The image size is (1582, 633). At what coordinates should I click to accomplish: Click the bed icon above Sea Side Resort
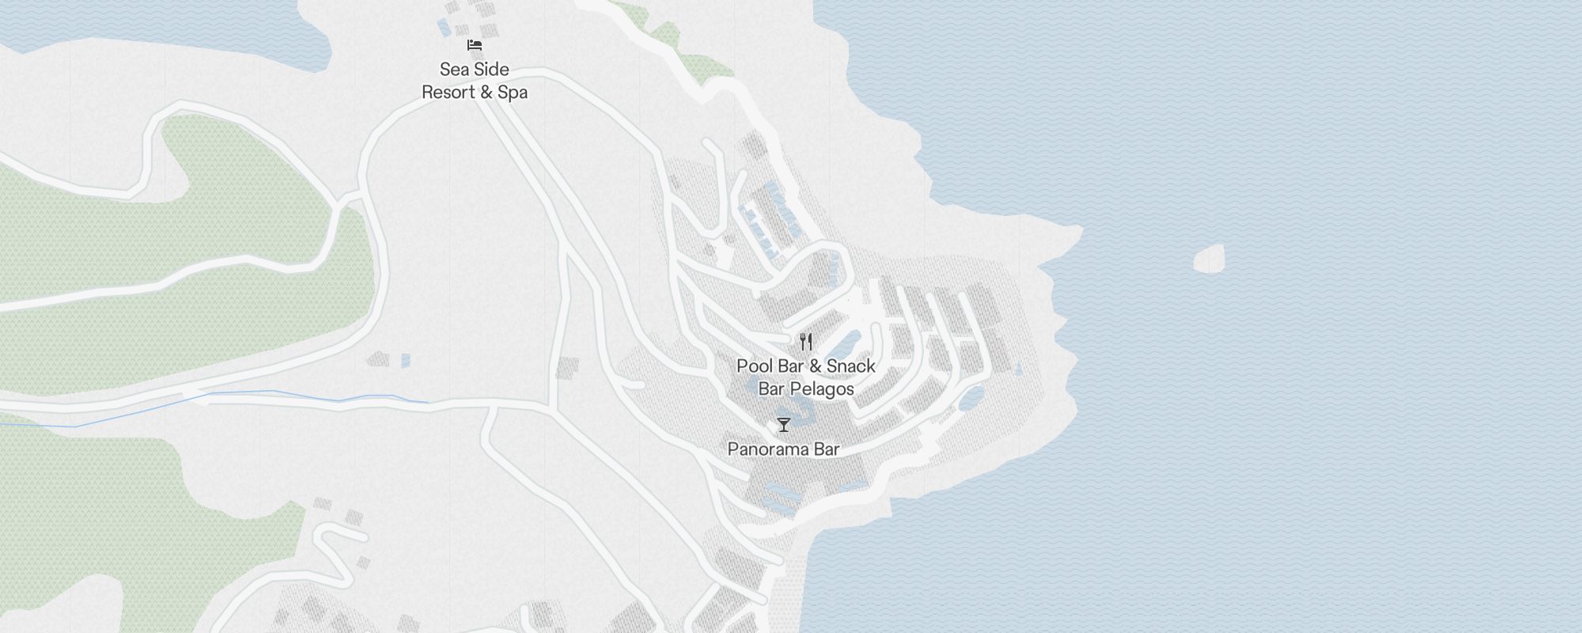click(x=475, y=45)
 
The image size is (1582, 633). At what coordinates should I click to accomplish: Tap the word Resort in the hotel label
click(x=448, y=93)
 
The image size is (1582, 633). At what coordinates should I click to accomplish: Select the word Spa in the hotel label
click(x=513, y=93)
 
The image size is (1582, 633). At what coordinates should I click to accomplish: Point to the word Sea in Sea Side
click(x=454, y=70)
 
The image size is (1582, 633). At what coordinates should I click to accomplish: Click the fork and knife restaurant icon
click(x=806, y=342)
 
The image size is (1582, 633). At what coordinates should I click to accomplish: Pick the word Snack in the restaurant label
click(x=851, y=366)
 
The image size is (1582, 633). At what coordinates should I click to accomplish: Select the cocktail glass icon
click(x=783, y=425)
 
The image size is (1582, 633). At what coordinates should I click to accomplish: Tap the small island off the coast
click(x=1209, y=258)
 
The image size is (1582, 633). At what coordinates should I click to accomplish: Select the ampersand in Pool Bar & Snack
click(x=816, y=366)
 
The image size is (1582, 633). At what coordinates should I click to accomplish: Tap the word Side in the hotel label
click(x=491, y=70)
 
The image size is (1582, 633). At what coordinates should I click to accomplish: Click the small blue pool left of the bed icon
click(x=445, y=28)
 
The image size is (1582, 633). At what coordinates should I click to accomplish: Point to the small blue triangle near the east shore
click(x=1017, y=369)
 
